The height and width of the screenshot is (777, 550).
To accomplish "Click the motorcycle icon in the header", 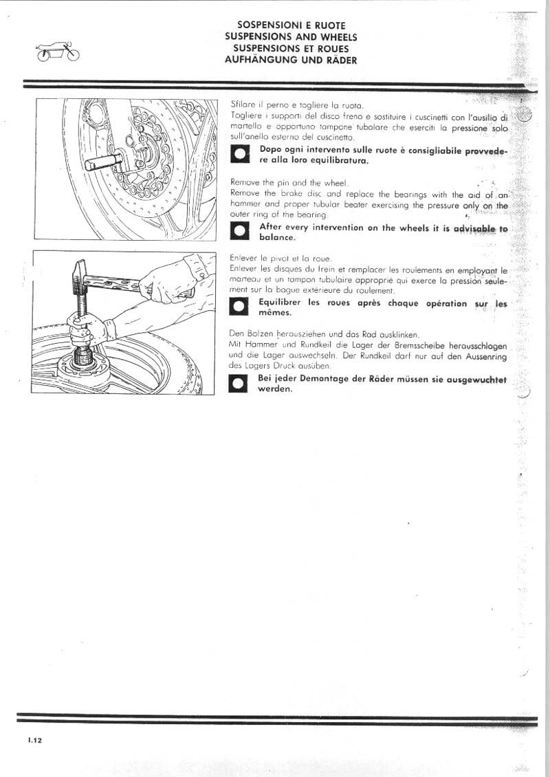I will (x=58, y=52).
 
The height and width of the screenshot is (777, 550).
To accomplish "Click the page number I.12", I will (x=36, y=741).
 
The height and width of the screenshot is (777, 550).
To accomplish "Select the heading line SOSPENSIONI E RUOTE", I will (x=290, y=25).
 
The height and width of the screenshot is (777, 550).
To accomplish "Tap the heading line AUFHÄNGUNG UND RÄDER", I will (x=290, y=60).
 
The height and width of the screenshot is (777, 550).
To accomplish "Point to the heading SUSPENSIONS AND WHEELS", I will (x=290, y=37).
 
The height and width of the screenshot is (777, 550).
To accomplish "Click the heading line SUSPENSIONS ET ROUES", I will (x=290, y=48).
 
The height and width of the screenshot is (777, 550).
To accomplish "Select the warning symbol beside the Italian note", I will (x=240, y=155).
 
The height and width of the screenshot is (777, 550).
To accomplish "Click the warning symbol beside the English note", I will (x=240, y=232).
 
